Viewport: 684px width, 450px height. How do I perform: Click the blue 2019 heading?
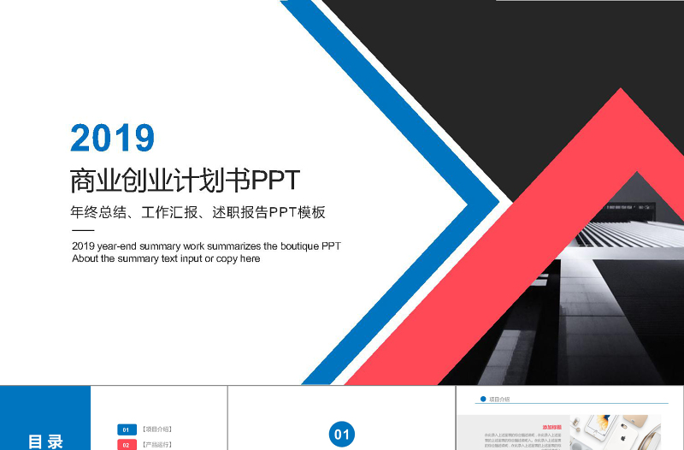tap(112, 138)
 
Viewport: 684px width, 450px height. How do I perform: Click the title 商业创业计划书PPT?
tap(185, 181)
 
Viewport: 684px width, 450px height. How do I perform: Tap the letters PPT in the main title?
tap(274, 181)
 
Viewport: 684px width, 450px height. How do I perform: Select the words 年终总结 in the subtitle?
tap(95, 212)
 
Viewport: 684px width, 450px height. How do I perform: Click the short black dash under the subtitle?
tap(83, 231)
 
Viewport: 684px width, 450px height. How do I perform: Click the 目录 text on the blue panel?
tap(45, 441)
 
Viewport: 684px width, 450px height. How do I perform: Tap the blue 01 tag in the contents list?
tap(127, 429)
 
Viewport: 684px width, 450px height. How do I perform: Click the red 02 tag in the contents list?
tap(127, 445)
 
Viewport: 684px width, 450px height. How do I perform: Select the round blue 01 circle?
tap(342, 435)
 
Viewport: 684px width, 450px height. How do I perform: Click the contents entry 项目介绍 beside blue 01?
tap(157, 429)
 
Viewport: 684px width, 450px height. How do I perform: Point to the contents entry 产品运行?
tap(157, 445)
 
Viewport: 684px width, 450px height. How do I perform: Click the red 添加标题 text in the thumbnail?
tap(552, 426)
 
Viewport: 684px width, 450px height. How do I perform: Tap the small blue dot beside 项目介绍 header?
tap(483, 399)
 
